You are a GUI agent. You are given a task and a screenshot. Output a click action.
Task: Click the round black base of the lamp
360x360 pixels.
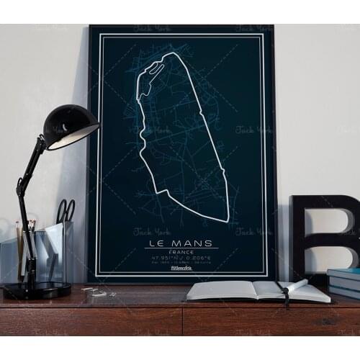pos(37,290)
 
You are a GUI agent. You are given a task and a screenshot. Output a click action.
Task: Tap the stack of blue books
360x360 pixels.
pos(344,282)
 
